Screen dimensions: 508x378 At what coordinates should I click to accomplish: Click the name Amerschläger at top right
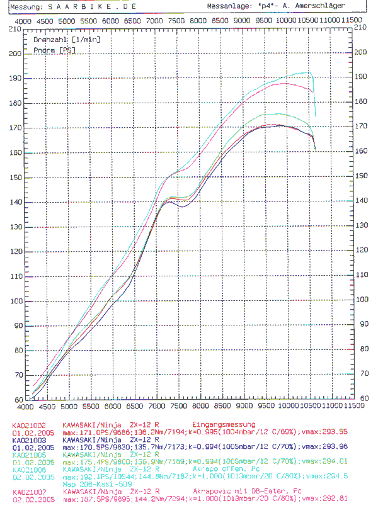coord(323,6)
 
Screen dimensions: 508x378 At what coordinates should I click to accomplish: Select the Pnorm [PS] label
coord(50,48)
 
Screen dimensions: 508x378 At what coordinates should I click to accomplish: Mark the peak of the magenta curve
coord(285,83)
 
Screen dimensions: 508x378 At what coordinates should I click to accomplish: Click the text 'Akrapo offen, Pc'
coord(218,470)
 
